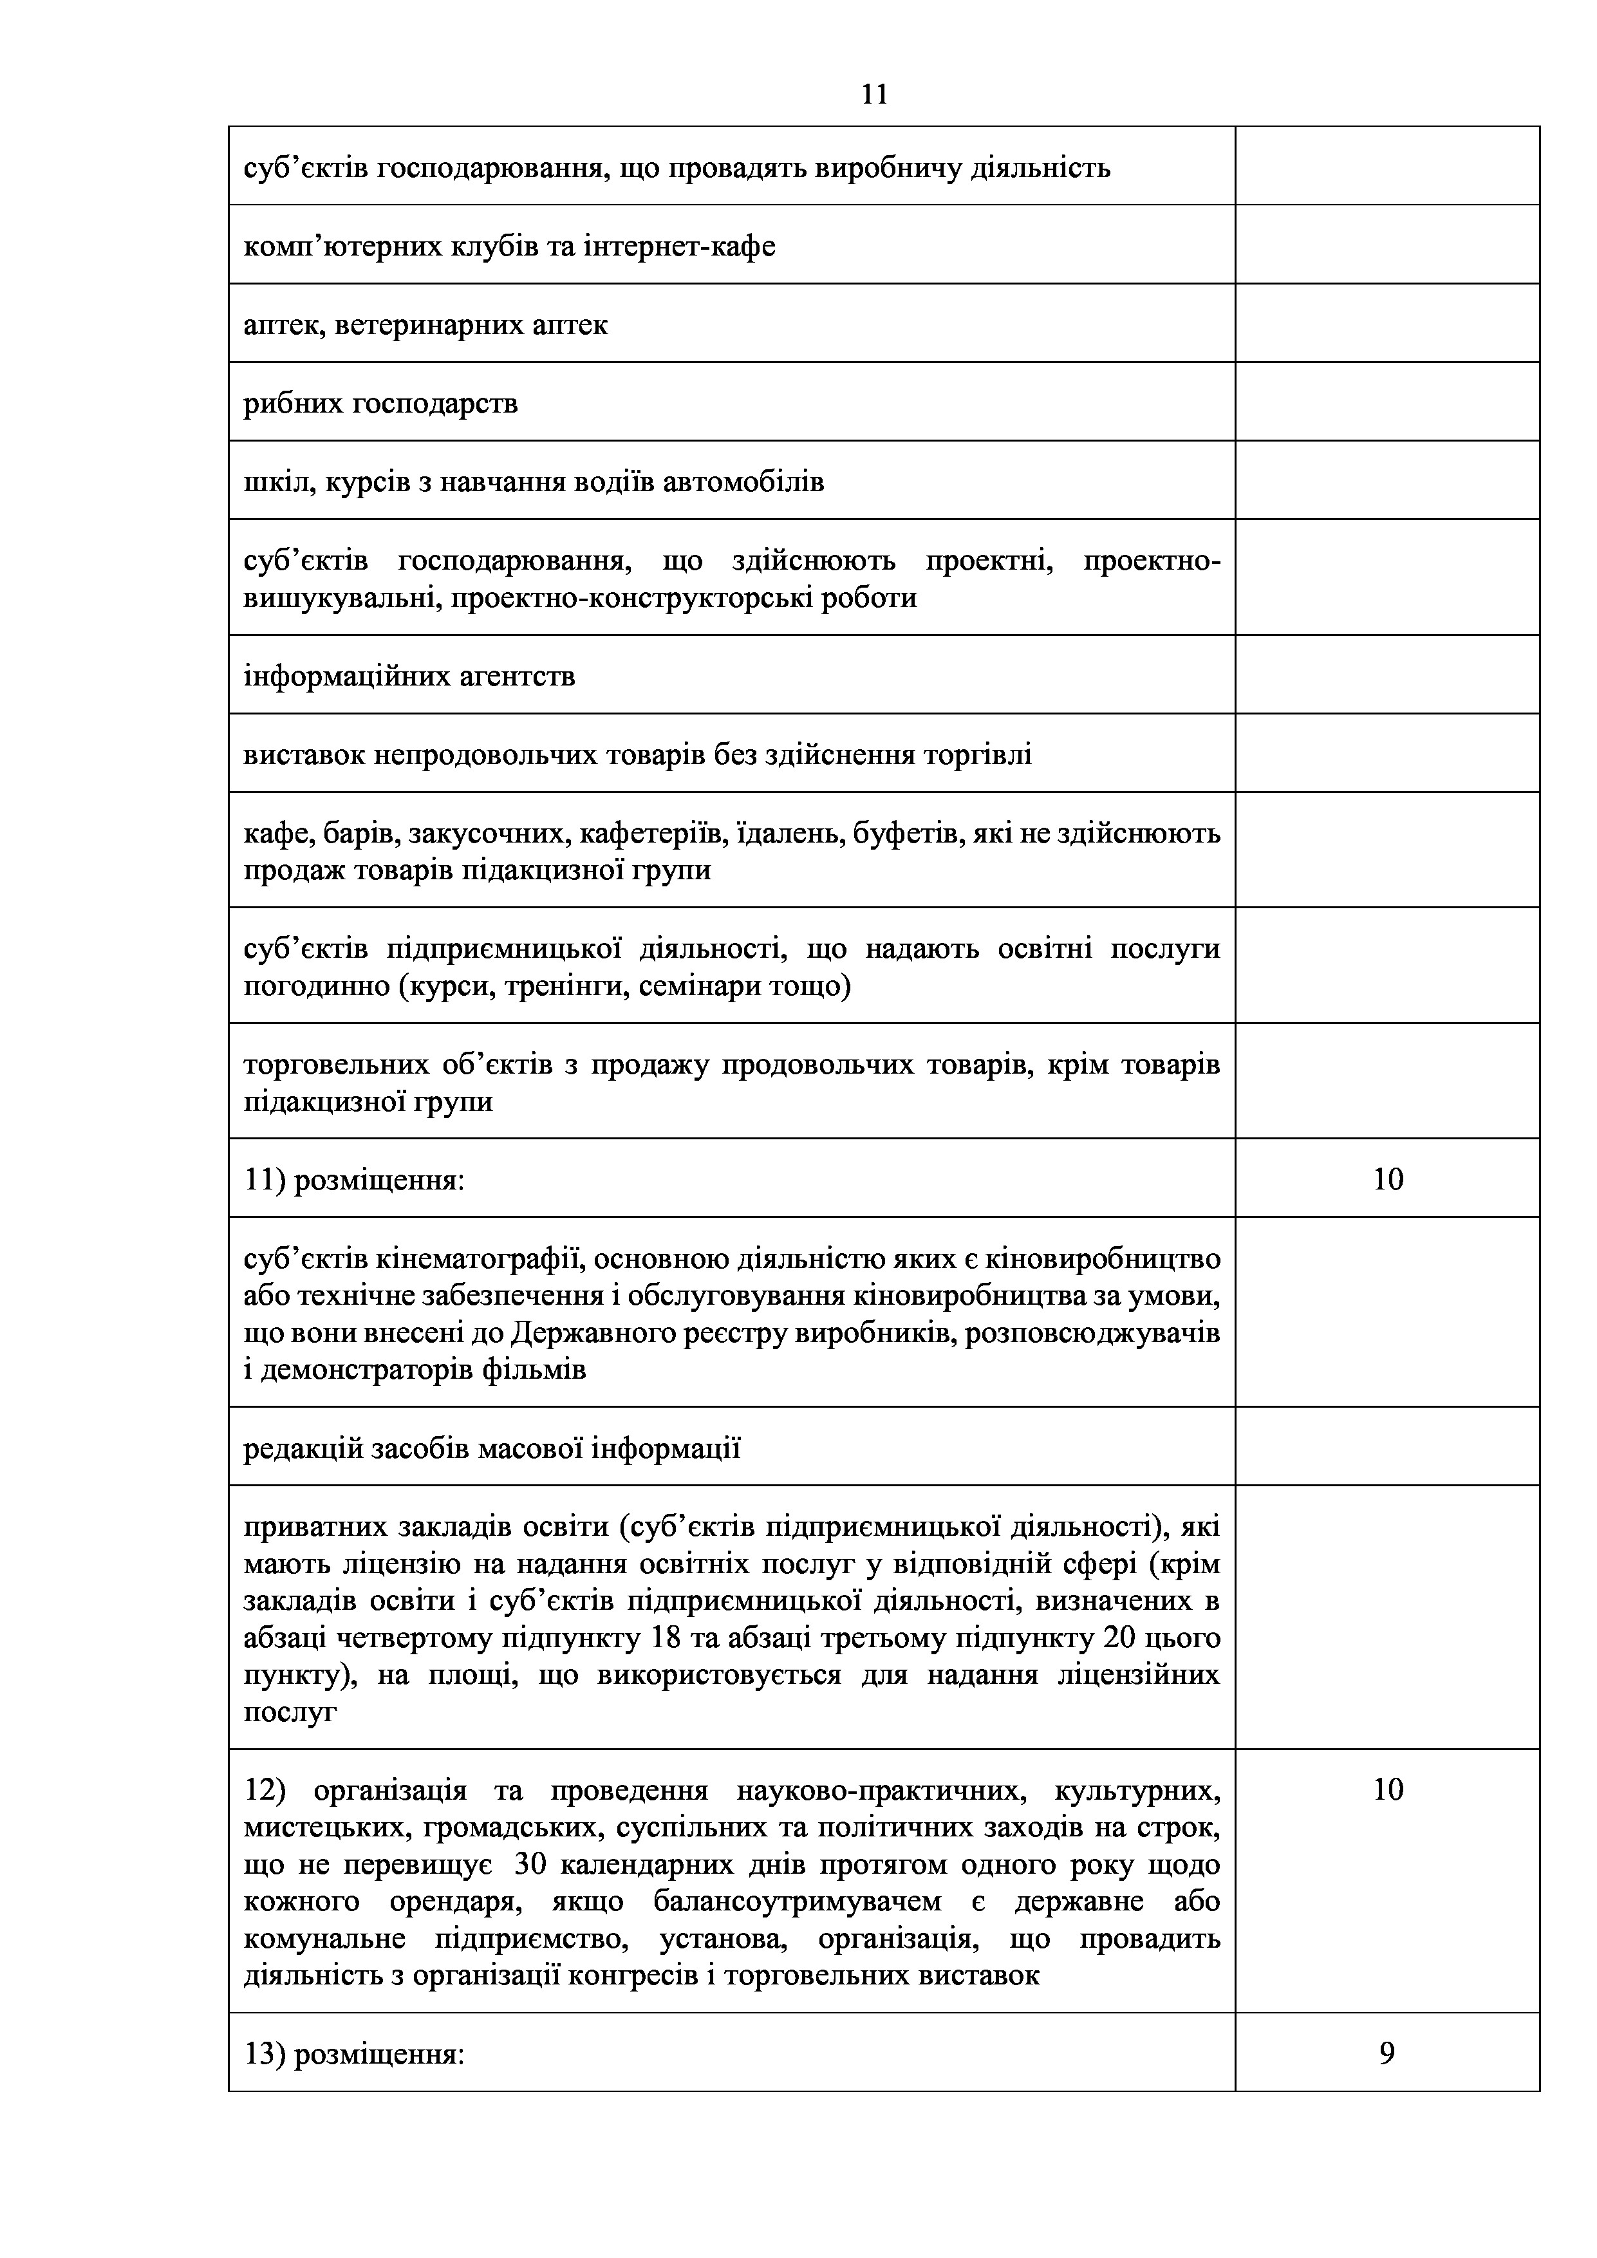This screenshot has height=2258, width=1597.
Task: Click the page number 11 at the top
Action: click(874, 95)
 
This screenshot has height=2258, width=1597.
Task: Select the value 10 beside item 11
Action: click(1388, 1179)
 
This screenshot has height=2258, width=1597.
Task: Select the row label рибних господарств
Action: click(380, 403)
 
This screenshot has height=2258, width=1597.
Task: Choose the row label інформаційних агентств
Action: click(409, 676)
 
